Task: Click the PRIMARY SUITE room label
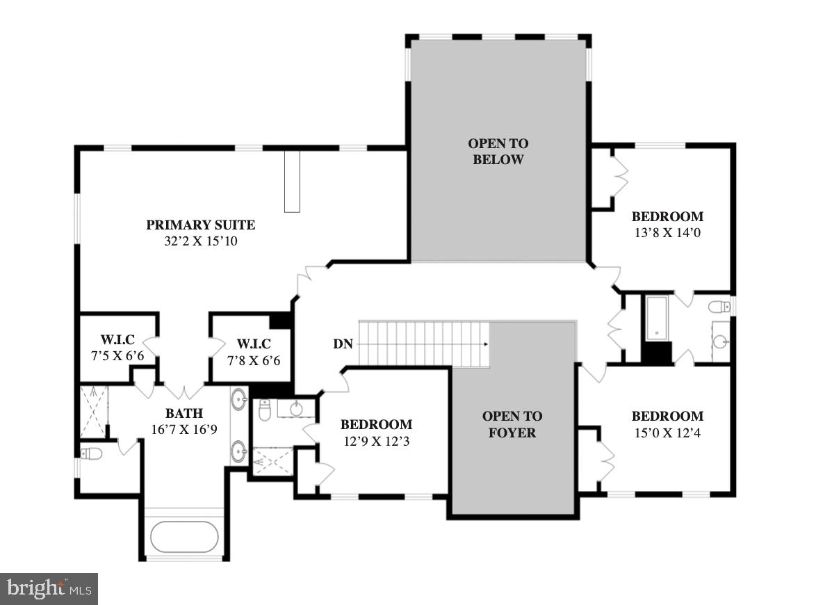(200, 225)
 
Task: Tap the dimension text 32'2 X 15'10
(201, 241)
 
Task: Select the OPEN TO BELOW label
(498, 152)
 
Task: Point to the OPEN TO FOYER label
(512, 424)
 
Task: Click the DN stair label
(343, 344)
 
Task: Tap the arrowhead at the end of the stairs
(486, 344)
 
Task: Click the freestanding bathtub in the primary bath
(184, 537)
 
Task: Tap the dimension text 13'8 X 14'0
(668, 233)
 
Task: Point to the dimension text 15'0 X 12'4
(668, 433)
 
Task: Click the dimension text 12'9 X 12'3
(376, 442)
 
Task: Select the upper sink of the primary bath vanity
(239, 400)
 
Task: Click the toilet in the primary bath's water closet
(92, 455)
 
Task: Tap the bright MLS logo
(49, 589)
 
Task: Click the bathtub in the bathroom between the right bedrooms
(657, 318)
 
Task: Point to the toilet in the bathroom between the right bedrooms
(719, 307)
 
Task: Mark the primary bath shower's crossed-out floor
(95, 412)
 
